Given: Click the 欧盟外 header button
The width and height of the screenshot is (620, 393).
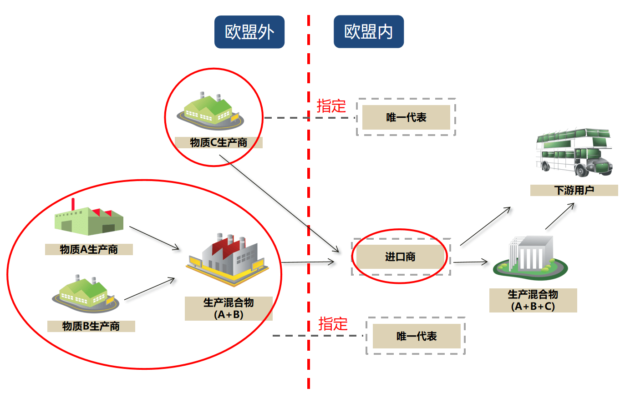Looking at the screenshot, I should pos(249,32).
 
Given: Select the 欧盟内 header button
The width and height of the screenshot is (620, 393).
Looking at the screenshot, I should pos(369,32).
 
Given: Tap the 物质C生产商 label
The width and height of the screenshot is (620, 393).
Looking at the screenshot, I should pos(219,142).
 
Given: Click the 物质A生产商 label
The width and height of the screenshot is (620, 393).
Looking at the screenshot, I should pos(89,249).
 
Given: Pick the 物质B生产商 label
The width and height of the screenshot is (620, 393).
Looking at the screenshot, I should pos(91,326).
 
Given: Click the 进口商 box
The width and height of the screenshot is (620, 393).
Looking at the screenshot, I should pos(400,257).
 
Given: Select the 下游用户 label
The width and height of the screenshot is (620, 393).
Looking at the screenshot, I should pos(574,190).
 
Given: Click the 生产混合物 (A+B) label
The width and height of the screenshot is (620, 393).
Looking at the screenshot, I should pos(229,308).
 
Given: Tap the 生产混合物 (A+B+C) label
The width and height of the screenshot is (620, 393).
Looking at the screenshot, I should pos(533,300).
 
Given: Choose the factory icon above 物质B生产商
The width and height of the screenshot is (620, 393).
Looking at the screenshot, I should pos(84,293).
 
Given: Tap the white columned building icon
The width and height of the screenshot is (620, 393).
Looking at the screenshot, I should pos(531,257).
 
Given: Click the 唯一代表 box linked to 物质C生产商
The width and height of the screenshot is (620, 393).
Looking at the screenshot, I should pos(406,117).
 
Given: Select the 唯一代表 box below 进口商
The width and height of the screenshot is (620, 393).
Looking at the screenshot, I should pos(417,336).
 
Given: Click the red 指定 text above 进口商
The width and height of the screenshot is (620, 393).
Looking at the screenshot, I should pos(331,106).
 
